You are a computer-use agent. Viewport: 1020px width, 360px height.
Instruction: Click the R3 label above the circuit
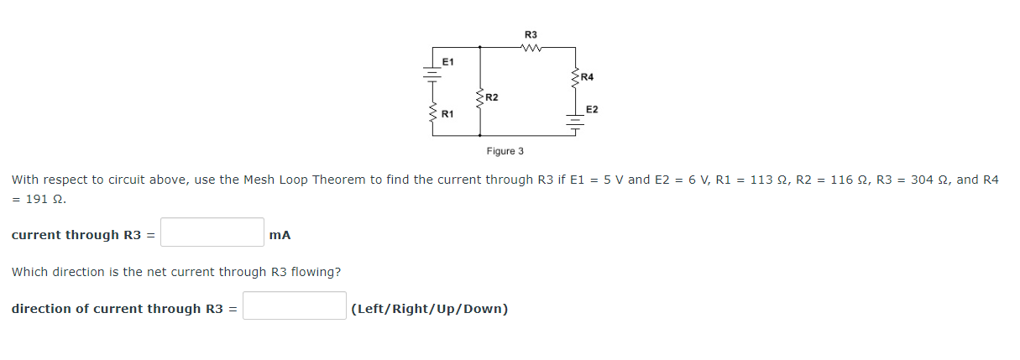[x=531, y=34]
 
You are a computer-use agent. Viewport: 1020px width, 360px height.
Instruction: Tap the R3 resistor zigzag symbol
[x=531, y=48]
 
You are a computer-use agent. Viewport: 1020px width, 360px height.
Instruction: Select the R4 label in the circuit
[x=587, y=77]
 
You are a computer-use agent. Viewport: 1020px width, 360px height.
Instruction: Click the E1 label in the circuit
[x=447, y=62]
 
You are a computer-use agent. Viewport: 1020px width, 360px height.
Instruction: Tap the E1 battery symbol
[x=432, y=74]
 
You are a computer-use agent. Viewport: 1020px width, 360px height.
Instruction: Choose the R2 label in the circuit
[x=492, y=98]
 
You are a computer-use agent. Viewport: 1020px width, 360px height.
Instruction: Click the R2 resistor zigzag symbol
[x=479, y=99]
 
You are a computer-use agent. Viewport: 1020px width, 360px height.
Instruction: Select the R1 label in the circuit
[x=447, y=113]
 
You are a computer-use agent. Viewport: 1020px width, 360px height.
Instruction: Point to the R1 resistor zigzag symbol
[x=432, y=117]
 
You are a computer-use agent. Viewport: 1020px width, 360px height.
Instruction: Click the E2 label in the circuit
[x=592, y=110]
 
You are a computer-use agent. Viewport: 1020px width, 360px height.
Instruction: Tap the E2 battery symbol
[x=576, y=123]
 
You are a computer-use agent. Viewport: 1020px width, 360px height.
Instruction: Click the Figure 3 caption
[x=505, y=151]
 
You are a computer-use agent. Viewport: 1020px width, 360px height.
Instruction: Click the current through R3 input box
[x=212, y=232]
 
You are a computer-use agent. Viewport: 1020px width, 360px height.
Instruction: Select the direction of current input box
[x=295, y=306]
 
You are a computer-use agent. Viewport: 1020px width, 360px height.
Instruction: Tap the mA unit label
[x=280, y=235]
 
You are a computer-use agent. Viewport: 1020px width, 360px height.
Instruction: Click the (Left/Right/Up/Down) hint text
[x=430, y=309]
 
